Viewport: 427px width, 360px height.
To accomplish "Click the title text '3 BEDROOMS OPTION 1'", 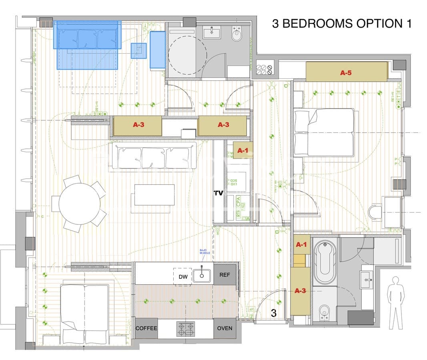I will click(x=341, y=23).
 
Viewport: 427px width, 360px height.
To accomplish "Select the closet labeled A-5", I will click(x=346, y=72).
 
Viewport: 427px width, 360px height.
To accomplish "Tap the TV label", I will click(x=218, y=193).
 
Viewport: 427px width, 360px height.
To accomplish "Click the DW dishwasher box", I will click(x=182, y=276).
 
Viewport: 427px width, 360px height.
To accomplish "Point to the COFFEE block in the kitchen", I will click(x=146, y=328).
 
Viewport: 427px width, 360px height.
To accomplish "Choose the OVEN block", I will click(x=225, y=328).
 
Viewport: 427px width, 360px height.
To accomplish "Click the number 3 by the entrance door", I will click(x=274, y=313).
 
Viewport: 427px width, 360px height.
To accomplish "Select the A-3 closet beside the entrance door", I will click(x=300, y=291).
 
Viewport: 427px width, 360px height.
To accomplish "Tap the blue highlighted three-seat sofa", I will click(x=87, y=35).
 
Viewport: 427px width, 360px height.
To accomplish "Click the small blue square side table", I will click(x=138, y=50).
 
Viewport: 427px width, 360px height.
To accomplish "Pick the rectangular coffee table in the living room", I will click(x=154, y=195).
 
